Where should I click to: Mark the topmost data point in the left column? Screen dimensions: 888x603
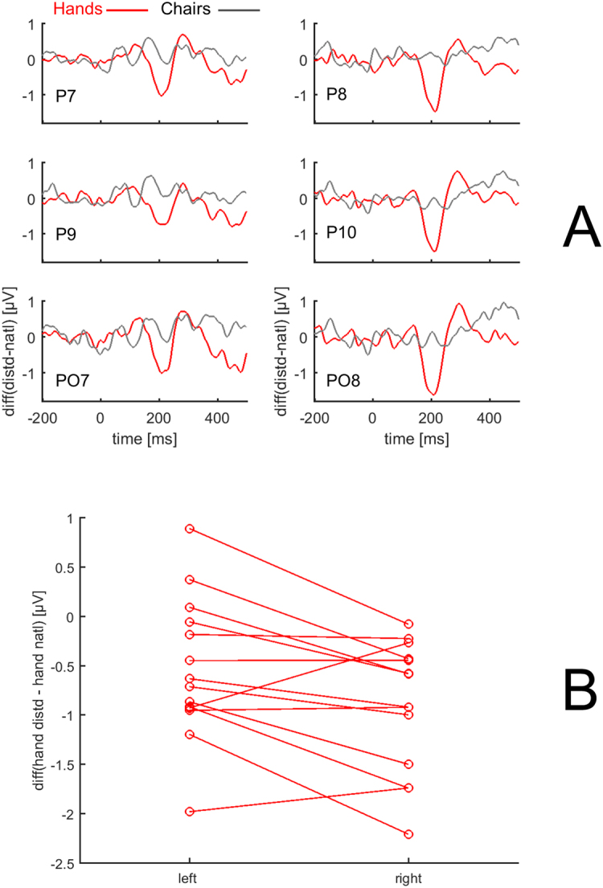[189, 529]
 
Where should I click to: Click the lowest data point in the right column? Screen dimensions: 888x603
[408, 834]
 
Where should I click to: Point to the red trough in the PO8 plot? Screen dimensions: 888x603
[433, 393]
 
